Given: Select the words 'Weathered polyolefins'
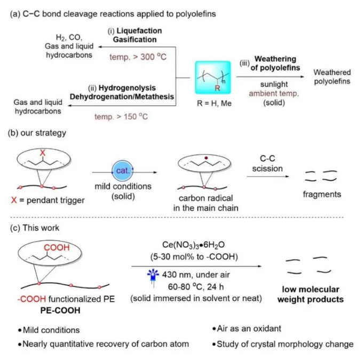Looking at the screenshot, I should pos(331,76).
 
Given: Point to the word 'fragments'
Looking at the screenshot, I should pos(322,194).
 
